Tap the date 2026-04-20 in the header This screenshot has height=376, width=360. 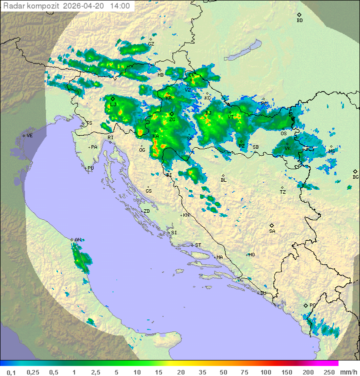click(84, 6)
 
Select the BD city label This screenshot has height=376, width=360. click(299, 21)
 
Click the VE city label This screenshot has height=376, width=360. click(29, 136)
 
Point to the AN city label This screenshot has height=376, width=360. click(77, 240)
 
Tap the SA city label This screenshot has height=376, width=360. click(272, 231)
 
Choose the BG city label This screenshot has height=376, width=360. click(355, 177)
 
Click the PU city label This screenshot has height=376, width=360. click(90, 169)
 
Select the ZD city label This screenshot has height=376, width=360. click(146, 211)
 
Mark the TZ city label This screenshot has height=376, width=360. click(283, 192)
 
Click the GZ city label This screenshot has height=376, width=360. click(151, 44)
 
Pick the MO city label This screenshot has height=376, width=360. click(251, 255)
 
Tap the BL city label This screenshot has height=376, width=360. click(223, 180)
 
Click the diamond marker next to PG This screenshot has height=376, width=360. click(306, 305)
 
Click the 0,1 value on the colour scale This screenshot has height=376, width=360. click(11, 372)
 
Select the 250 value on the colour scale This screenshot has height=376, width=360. click(328, 372)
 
